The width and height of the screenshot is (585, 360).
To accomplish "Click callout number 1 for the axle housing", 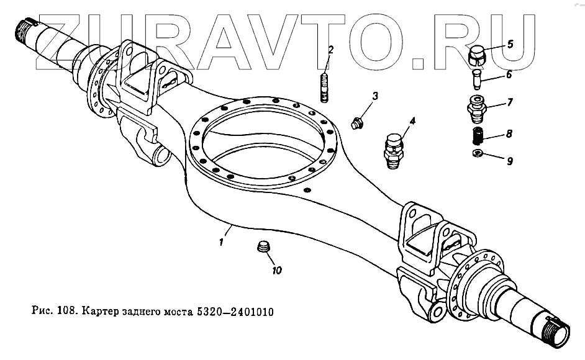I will tap(221, 243).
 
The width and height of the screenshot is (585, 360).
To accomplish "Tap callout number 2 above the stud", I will tap(332, 50).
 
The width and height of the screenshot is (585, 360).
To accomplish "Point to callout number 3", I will tap(375, 96).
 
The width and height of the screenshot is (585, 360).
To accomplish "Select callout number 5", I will tap(510, 44).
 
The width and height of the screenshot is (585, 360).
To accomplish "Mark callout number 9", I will tap(509, 161).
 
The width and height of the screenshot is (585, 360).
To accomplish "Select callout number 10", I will tap(276, 270).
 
